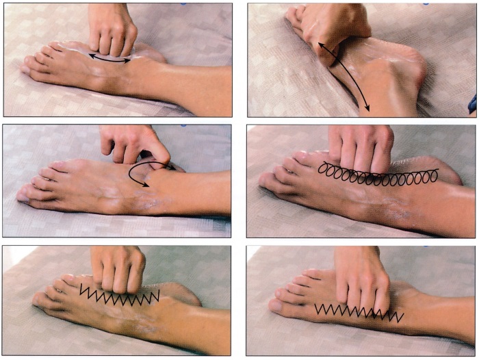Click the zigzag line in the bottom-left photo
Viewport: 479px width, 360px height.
120,296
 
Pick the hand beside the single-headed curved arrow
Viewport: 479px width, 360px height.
133,144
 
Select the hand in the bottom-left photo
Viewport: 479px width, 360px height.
118,267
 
